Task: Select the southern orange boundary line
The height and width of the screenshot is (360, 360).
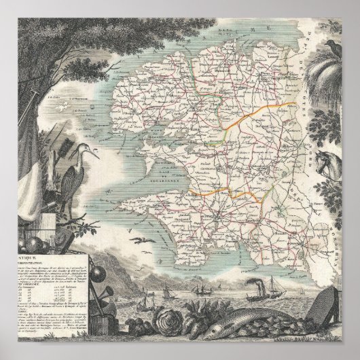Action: click(224, 192)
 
